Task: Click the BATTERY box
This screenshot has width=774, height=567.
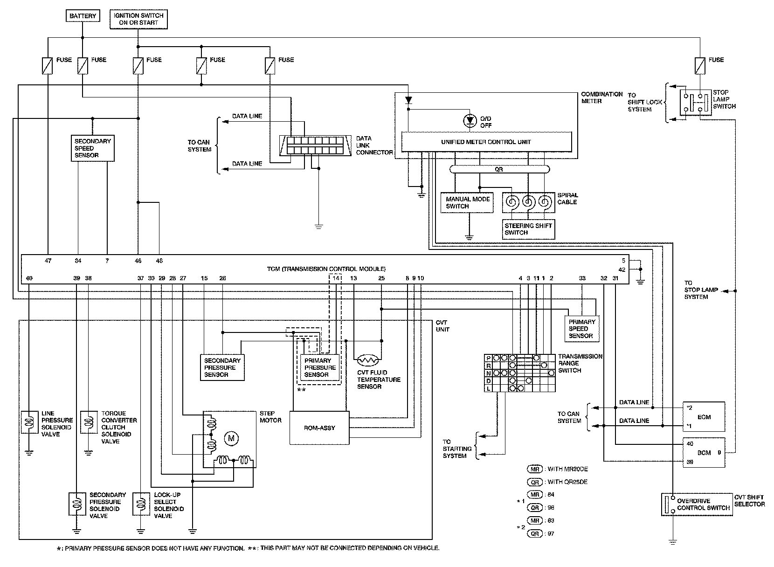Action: point(83,16)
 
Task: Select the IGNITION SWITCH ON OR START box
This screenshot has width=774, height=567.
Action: point(138,19)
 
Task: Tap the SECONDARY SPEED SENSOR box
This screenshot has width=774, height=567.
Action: point(93,148)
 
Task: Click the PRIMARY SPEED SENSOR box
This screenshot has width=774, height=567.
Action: point(581,329)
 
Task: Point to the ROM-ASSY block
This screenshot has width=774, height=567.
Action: point(319,428)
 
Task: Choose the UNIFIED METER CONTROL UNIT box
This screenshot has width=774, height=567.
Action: point(486,142)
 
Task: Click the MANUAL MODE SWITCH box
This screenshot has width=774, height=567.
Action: point(468,202)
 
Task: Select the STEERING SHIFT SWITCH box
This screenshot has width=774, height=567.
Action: point(529,229)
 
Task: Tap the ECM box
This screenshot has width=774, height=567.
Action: point(704,417)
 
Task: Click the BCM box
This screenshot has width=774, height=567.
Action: point(704,453)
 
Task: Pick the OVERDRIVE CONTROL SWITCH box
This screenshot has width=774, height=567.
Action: point(697,505)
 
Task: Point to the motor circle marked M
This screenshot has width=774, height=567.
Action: point(231,438)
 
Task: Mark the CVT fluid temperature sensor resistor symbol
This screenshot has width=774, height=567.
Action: point(369,360)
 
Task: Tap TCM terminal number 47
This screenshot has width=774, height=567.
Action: point(48,261)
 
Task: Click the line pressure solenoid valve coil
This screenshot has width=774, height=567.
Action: point(29,422)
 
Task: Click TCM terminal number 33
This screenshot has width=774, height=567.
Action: point(582,278)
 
